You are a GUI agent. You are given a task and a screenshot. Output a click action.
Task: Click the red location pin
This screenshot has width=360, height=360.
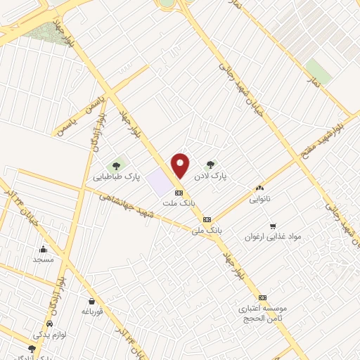pos(181,165)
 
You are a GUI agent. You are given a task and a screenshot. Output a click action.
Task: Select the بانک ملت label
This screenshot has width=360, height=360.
pos(178,202)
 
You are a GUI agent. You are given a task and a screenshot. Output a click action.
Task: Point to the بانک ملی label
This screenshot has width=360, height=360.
pos(207,229)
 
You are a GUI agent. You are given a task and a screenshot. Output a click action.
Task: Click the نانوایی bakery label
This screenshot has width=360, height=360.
pos(259,199)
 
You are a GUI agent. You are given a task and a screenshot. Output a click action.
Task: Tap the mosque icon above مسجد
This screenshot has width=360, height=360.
pos(44,248)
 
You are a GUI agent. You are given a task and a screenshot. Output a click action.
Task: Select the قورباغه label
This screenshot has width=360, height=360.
pos(92,310)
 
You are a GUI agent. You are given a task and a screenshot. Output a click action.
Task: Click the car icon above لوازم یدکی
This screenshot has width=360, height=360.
pos(50,323)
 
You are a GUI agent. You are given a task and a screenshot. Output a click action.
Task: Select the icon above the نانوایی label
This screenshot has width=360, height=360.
pos(259,188)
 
